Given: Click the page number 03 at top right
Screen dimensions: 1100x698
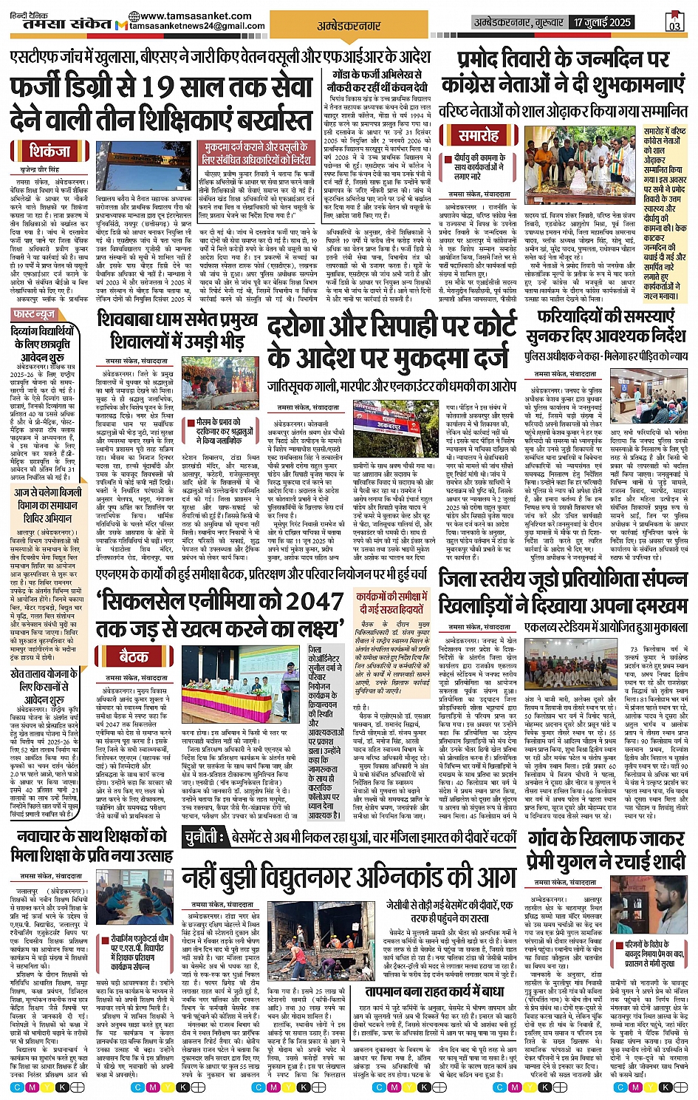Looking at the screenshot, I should tap(674, 23).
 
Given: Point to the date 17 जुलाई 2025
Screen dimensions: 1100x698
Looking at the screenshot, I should tap(602, 22).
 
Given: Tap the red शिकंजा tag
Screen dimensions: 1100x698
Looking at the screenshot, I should tap(50, 152).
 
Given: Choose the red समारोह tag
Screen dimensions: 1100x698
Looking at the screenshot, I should tap(479, 135).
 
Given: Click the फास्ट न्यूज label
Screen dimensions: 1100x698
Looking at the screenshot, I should tap(34, 315).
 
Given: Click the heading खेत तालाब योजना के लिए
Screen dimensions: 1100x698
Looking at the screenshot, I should tap(43, 680).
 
